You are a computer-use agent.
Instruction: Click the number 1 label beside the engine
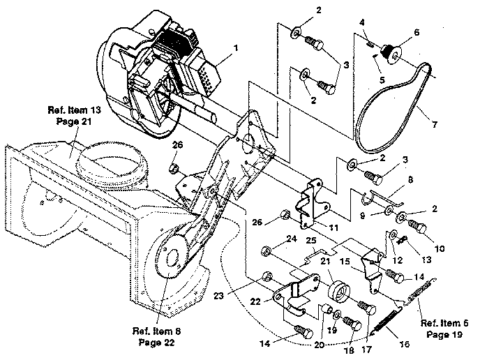236,49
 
